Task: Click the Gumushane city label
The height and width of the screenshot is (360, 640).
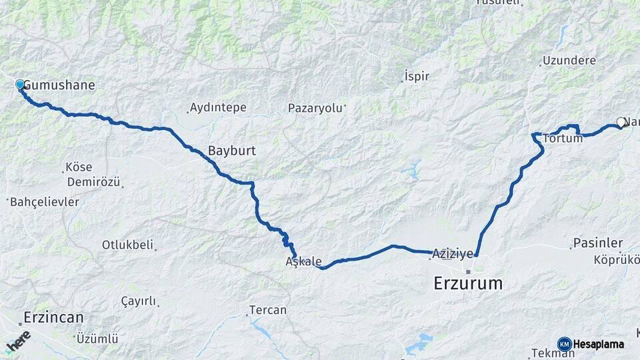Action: pyautogui.click(x=59, y=85)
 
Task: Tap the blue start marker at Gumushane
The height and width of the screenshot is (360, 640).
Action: pyautogui.click(x=20, y=85)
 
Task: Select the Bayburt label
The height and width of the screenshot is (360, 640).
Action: pyautogui.click(x=231, y=151)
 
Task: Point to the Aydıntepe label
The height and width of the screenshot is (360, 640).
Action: pyautogui.click(x=218, y=107)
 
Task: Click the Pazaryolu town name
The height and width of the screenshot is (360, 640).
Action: pyautogui.click(x=315, y=108)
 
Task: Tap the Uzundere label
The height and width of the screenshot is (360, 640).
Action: pyautogui.click(x=569, y=61)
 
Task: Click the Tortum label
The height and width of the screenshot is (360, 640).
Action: pyautogui.click(x=563, y=139)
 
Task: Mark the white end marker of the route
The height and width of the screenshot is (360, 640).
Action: pyautogui.click(x=621, y=122)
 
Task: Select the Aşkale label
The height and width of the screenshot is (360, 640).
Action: pyautogui.click(x=303, y=261)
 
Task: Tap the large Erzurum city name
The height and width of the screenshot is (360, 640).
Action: pyautogui.click(x=468, y=283)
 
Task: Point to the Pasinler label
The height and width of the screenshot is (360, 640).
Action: pyautogui.click(x=598, y=243)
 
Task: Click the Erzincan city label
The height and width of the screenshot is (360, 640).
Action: pyautogui.click(x=53, y=317)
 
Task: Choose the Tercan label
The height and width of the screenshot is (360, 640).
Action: pyautogui.click(x=267, y=310)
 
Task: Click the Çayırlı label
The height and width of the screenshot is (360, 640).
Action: pyautogui.click(x=138, y=301)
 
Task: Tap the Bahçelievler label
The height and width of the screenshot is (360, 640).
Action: pyautogui.click(x=44, y=201)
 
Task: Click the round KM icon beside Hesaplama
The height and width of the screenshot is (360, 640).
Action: pyautogui.click(x=564, y=344)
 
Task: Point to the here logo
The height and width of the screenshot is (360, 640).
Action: pyautogui.click(x=18, y=341)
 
